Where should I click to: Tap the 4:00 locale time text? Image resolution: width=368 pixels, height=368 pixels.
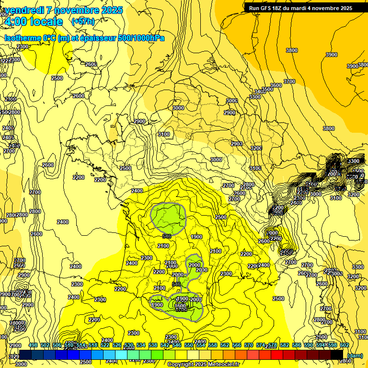tap(33, 22)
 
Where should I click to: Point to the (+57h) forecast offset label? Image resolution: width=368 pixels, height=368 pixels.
tap(83, 22)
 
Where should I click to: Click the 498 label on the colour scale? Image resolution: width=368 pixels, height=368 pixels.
tap(33, 345)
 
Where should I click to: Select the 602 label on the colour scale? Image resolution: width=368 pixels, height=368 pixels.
tap(345, 345)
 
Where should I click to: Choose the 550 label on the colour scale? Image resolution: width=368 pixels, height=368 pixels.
tap(189, 345)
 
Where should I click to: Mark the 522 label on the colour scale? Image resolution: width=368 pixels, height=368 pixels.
tap(105, 345)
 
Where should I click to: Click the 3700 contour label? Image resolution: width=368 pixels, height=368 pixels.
tap(289, 82)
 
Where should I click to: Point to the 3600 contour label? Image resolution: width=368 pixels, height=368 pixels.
tap(276, 85)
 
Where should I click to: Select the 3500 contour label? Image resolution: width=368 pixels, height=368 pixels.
tap(267, 89)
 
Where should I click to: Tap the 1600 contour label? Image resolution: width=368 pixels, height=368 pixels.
tap(180, 306)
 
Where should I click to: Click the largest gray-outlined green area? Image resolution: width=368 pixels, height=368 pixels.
tap(168, 218)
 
